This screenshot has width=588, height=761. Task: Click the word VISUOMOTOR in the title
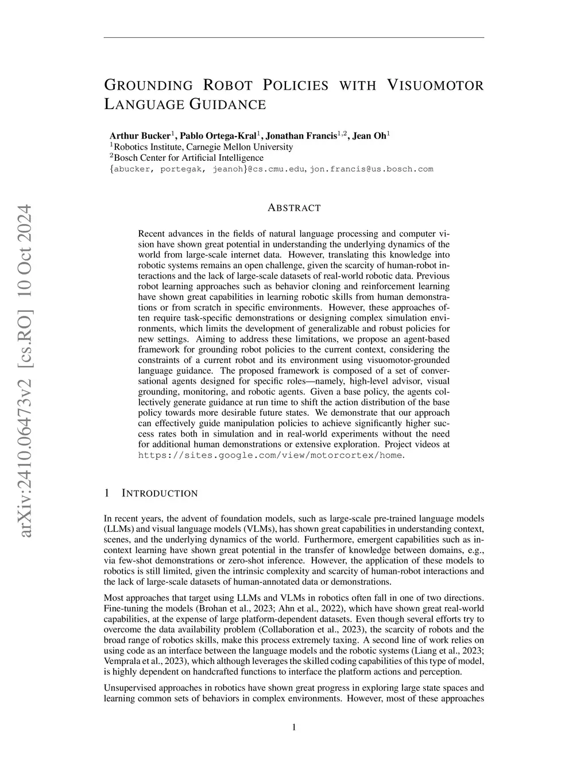pyautogui.click(x=435, y=86)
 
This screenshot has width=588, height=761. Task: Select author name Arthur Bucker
pyautogui.click(x=140, y=136)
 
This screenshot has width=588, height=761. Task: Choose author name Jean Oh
pyautogui.click(x=369, y=136)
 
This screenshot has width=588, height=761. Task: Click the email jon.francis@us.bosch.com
pyautogui.click(x=372, y=169)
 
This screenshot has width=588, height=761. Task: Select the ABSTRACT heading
pyautogui.click(x=294, y=208)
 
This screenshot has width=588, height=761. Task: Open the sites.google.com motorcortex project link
pyautogui.click(x=270, y=455)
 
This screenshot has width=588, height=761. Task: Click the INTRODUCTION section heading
pyautogui.click(x=160, y=493)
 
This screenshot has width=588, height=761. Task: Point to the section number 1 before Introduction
pyautogui.click(x=107, y=493)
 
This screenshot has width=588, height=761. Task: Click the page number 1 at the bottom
pyautogui.click(x=294, y=728)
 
